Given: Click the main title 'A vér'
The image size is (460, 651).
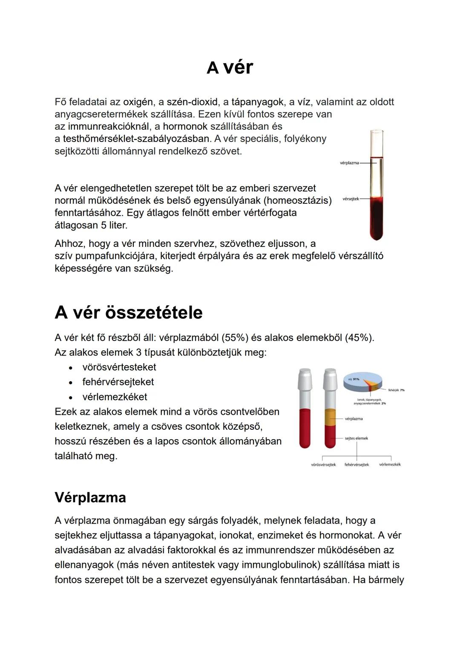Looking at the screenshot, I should pos(230,67).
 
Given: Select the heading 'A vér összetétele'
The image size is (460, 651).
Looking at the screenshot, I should pos(128,312).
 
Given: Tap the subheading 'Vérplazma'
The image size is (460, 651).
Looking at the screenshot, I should pos(90,497).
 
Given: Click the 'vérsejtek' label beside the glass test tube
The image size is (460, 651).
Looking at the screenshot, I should pos(351,199).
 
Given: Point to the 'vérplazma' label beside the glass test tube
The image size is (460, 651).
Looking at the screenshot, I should pos(349,163).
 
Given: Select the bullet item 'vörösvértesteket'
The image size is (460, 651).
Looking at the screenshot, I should pos(119,367).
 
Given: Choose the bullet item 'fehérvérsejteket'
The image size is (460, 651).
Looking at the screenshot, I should pos(118,382).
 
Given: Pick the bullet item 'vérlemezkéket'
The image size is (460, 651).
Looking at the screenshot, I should pos(115,397).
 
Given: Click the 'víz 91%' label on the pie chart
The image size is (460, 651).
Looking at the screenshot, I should pos(354,379).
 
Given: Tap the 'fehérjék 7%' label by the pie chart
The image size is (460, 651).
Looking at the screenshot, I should pos(396,390).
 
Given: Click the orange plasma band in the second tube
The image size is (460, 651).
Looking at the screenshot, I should pos(330,417).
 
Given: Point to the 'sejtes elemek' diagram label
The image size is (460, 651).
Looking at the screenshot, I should pos(356,438).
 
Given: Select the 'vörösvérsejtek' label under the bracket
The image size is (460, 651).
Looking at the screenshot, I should pos(323,465).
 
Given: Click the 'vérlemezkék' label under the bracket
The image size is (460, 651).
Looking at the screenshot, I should pos(390,465).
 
